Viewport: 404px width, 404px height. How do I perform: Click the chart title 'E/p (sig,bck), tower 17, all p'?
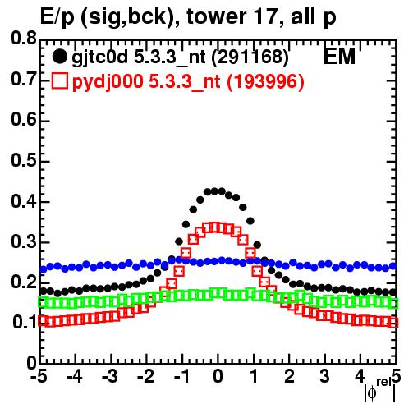[188, 16]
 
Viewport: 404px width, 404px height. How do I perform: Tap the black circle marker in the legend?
[59, 57]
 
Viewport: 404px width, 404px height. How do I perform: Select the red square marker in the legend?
[59, 80]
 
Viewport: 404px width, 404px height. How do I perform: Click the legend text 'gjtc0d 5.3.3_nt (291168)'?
[180, 57]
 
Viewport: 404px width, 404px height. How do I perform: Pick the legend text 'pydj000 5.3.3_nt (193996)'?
[188, 81]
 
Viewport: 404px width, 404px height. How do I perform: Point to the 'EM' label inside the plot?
[339, 57]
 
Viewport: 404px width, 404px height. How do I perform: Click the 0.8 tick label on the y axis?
[24, 39]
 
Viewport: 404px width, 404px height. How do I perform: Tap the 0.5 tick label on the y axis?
[24, 160]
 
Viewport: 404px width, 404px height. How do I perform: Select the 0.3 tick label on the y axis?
[24, 241]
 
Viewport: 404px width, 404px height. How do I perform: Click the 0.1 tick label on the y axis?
[25, 323]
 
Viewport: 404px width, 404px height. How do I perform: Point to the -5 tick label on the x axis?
[39, 377]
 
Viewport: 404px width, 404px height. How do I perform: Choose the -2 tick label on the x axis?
[145, 377]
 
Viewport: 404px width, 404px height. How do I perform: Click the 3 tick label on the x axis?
[324, 377]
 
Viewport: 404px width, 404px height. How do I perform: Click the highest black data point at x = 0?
[214, 191]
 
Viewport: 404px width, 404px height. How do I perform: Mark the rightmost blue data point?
[393, 266]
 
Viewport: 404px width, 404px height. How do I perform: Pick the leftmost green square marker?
[43, 303]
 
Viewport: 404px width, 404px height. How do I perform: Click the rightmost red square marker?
[393, 323]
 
